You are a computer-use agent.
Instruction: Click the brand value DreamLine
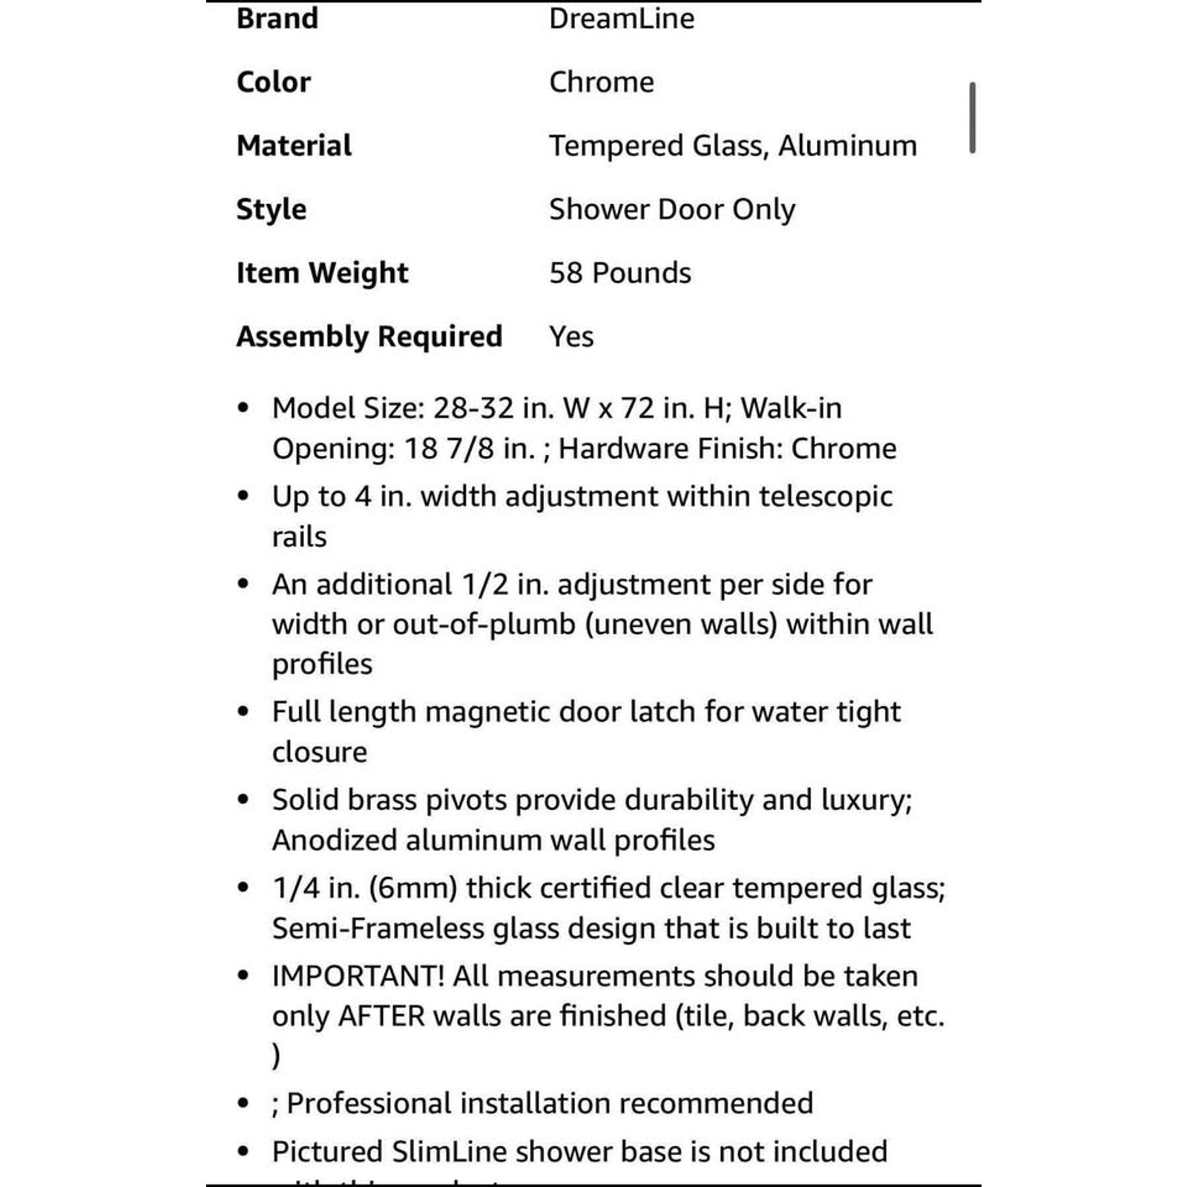(621, 19)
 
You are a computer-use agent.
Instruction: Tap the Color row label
(273, 82)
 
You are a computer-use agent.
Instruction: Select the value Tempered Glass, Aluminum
(732, 146)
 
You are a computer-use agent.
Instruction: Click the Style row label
(271, 210)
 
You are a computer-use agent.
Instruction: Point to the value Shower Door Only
(671, 210)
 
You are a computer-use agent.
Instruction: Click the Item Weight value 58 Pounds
(619, 273)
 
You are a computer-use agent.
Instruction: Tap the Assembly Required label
(369, 337)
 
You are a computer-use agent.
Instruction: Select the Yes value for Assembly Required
(571, 337)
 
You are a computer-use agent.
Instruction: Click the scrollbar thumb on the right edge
(972, 118)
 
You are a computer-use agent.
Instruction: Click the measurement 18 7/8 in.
(469, 449)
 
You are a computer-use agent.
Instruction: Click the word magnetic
(487, 712)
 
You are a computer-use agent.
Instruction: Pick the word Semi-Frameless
(378, 929)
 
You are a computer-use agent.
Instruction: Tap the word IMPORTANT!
(358, 976)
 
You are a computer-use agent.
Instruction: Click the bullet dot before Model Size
(243, 409)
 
